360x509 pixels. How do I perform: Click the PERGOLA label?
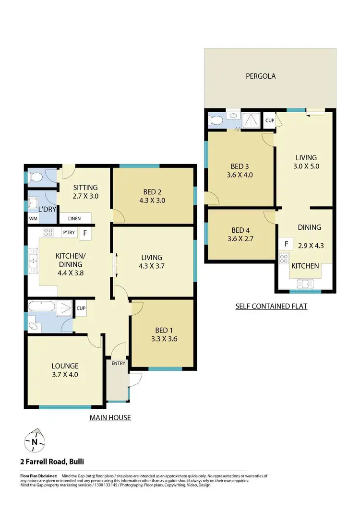(261, 76)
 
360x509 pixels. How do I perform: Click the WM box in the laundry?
(33, 219)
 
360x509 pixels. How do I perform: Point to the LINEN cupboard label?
(74, 219)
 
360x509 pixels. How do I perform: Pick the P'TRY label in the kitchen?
(69, 233)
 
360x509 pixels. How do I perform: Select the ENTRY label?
(118, 363)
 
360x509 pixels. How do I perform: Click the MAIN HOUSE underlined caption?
(110, 417)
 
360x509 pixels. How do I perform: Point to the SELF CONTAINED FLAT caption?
(271, 306)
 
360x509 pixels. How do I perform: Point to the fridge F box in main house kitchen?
(85, 233)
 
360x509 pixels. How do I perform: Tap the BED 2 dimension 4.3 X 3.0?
(154, 201)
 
